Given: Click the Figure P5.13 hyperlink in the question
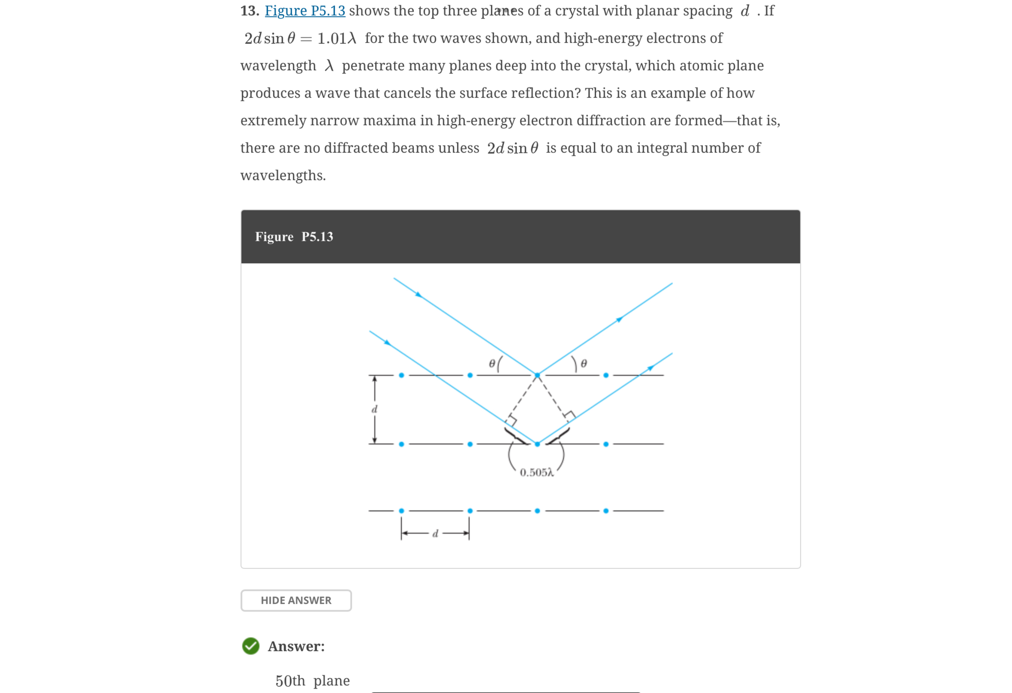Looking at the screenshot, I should (x=305, y=11).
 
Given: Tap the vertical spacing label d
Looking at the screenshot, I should (x=374, y=409).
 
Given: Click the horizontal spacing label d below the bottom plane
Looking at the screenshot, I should (x=435, y=534).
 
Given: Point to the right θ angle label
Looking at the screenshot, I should (x=584, y=363).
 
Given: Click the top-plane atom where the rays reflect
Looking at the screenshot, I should (x=537, y=375).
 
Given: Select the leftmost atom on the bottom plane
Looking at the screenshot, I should (x=402, y=510).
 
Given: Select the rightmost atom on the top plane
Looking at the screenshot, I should (x=606, y=375).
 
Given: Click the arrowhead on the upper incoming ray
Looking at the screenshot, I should (x=419, y=295).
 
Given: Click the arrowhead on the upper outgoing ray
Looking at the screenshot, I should (x=619, y=320).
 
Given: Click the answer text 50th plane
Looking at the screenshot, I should (x=312, y=680).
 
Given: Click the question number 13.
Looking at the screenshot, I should (x=250, y=11).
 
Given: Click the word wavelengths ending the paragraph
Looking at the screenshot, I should (x=283, y=175).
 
